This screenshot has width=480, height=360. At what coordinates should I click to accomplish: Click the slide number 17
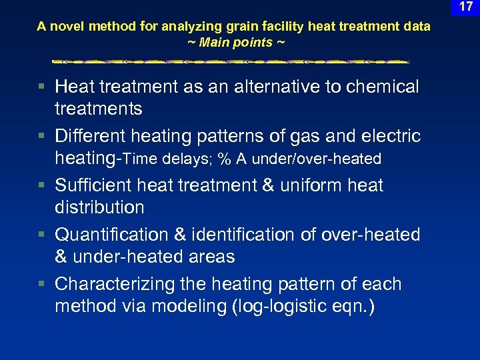pyautogui.click(x=466, y=8)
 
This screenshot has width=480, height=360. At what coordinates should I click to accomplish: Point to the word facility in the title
pyautogui.click(x=265, y=27)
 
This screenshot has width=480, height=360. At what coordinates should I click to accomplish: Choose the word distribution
pyautogui.click(x=99, y=207)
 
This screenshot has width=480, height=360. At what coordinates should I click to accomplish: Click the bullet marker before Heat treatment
pyautogui.click(x=41, y=87)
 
